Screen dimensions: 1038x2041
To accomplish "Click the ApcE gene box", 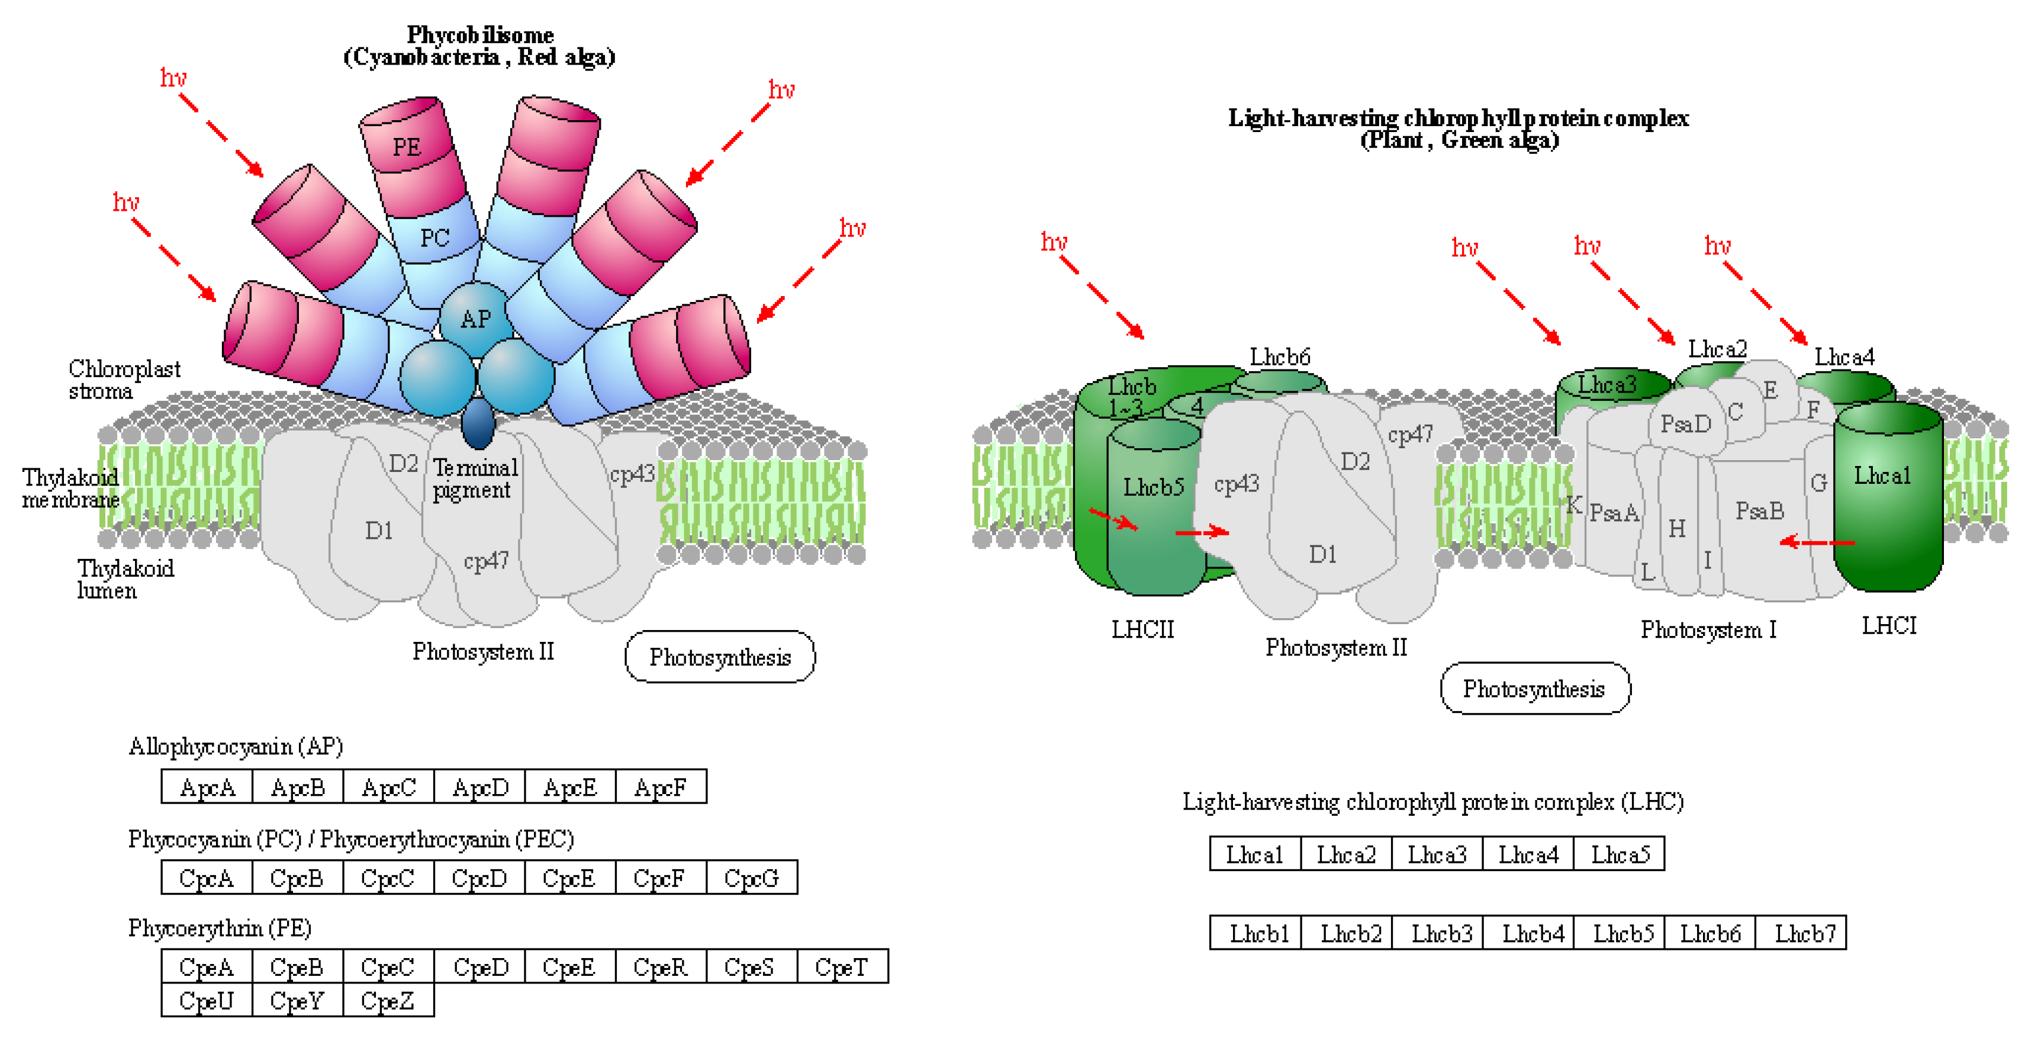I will coord(569,787).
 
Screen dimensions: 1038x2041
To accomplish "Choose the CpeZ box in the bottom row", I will coord(388,1000).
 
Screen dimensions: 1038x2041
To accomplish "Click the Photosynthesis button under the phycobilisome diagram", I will coord(719,657).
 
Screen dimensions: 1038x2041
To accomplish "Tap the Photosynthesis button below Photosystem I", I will coord(1534,689).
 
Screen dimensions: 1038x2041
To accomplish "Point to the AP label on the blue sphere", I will coord(475,319).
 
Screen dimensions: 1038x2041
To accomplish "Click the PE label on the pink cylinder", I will coord(407,147).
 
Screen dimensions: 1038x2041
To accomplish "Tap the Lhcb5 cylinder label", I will coord(1153,487).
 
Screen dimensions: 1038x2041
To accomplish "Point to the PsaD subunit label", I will coord(1685,424).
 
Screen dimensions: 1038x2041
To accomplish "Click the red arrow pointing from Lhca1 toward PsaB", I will coord(1816,542).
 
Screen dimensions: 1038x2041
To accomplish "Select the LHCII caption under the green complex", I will coord(1142,629).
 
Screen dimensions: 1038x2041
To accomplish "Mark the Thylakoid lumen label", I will coord(124,579).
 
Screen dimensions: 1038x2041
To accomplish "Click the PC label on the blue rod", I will coord(434,237).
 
